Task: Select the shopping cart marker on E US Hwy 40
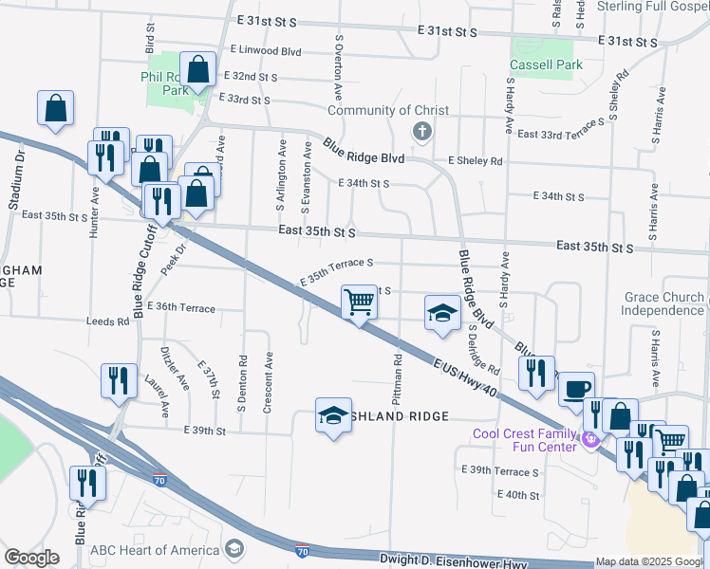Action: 359,303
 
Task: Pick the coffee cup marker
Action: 576,388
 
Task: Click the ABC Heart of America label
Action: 155,550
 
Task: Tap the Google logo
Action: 30,558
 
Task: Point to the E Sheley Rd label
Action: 476,161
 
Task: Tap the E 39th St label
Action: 204,431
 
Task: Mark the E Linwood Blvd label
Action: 265,51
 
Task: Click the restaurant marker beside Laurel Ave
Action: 119,380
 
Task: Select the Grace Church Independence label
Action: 663,303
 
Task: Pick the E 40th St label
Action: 517,495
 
